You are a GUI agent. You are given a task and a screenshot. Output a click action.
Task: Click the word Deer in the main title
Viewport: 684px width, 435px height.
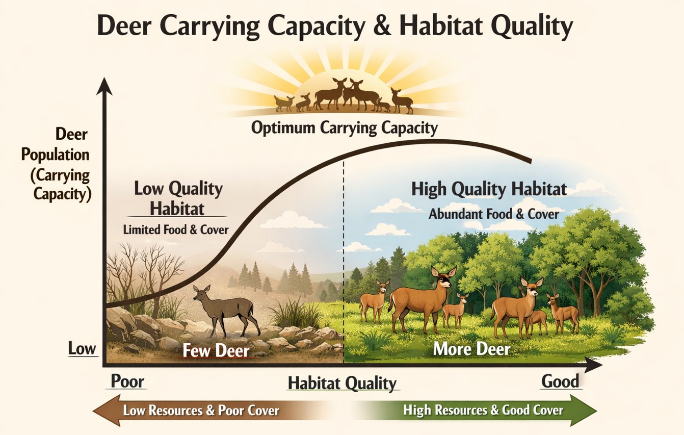click(128, 27)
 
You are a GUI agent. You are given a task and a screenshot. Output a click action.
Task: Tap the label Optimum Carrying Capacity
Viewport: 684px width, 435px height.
click(345, 127)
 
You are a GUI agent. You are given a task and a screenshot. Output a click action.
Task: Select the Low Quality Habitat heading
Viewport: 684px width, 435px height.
click(178, 198)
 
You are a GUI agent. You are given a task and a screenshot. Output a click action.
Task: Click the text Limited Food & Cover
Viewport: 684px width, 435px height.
click(176, 229)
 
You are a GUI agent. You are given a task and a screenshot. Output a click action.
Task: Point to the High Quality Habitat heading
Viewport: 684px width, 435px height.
click(489, 190)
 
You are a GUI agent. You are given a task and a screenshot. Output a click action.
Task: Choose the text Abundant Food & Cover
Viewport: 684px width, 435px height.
click(494, 214)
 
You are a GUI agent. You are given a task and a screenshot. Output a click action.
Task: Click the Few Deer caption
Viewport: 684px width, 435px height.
click(216, 351)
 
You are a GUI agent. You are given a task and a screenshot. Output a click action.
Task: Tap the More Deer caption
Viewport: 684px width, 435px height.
click(471, 349)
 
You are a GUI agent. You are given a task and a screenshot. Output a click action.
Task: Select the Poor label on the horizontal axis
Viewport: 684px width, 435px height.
click(127, 381)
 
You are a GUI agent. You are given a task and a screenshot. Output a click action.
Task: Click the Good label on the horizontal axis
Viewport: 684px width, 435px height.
click(560, 381)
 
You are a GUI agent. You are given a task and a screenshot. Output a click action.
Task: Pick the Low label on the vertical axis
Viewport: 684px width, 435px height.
click(82, 349)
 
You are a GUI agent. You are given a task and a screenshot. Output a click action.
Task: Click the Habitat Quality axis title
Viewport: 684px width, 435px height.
click(342, 383)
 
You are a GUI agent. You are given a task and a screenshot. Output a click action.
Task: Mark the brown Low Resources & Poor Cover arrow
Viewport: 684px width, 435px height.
click(194, 410)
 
